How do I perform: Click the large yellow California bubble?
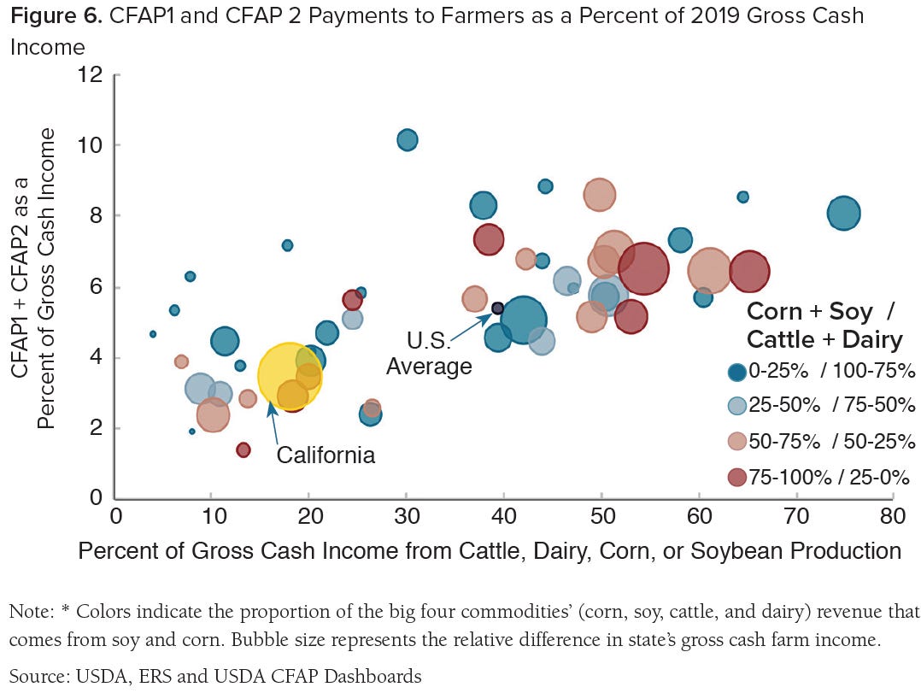[x=289, y=377]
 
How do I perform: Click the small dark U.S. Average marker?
[x=497, y=308]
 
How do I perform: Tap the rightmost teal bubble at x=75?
[x=843, y=214]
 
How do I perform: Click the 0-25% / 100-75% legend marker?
[x=736, y=372]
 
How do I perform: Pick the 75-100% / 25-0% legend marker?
[x=736, y=478]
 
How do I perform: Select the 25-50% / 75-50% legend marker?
[x=736, y=407]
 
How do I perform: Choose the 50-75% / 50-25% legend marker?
[x=736, y=442]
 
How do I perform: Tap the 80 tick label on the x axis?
[x=893, y=517]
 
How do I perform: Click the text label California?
[x=326, y=455]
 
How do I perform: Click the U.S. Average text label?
[x=429, y=354]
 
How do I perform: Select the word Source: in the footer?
[x=37, y=677]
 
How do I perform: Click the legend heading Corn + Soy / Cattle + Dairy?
[x=824, y=325]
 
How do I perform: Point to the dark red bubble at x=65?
[x=749, y=272]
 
